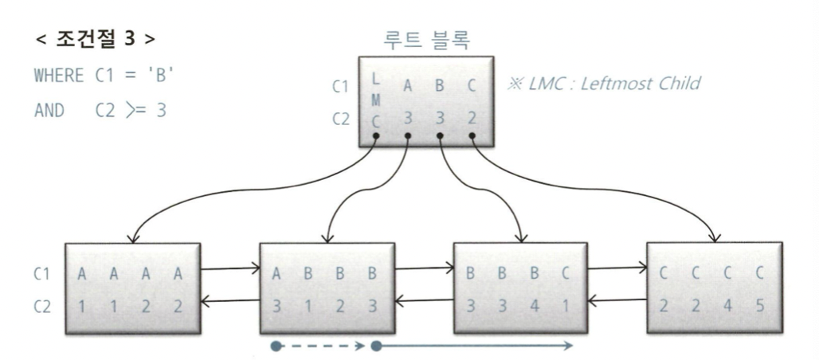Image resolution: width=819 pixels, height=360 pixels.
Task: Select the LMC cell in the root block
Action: [x=376, y=103]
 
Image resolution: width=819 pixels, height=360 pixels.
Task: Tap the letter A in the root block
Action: [x=407, y=88]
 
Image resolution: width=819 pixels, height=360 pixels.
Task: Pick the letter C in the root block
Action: [x=472, y=88]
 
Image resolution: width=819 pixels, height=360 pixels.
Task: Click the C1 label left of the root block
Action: [x=340, y=88]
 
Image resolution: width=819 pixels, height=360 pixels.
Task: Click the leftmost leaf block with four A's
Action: [x=131, y=289]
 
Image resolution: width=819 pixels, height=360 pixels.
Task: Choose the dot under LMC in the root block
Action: [x=376, y=137]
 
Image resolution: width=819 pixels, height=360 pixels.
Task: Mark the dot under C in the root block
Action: [x=472, y=137]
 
